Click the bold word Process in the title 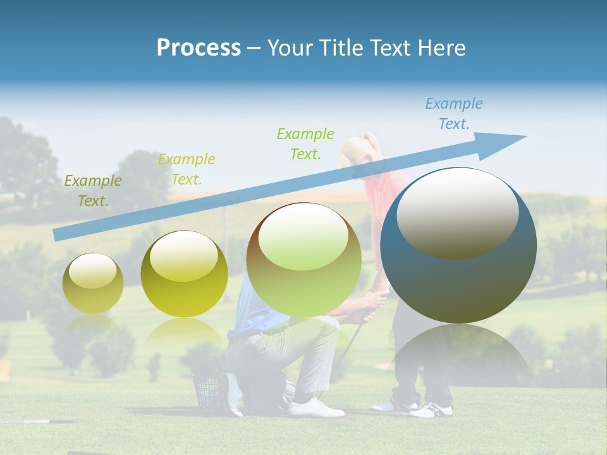(199, 48)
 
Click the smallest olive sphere (93, 284)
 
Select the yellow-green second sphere (184, 274)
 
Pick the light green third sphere (303, 260)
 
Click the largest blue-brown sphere (458, 246)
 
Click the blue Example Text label (454, 114)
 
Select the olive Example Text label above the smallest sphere (93, 191)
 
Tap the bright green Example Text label (305, 143)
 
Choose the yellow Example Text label (187, 169)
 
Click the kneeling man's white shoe (316, 408)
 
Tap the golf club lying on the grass (38, 421)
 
